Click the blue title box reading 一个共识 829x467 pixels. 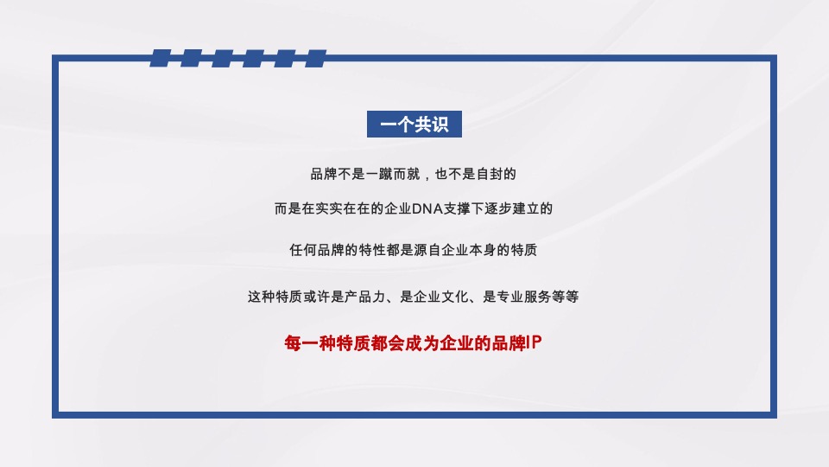[414, 125]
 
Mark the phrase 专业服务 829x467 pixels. [523, 297]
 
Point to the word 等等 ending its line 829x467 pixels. [565, 297]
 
